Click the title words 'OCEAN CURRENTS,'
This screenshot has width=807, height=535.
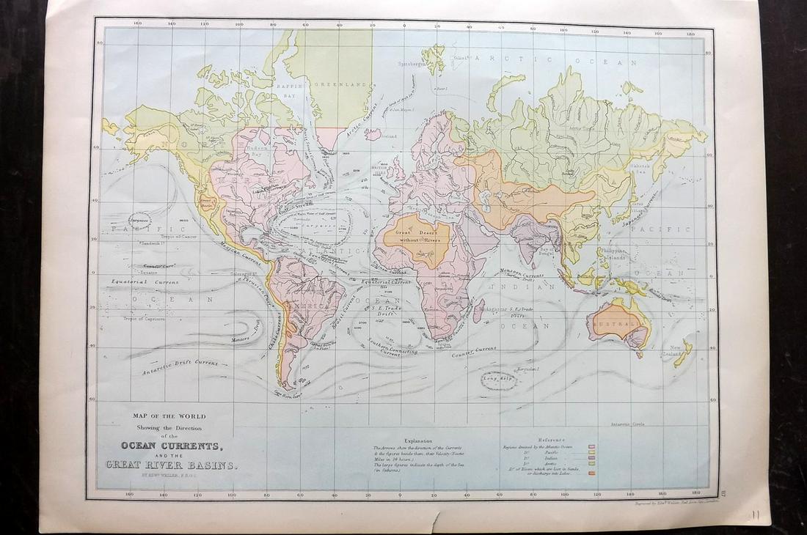(168, 446)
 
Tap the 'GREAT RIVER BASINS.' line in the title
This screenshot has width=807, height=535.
(170, 465)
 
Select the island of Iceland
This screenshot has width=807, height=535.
(373, 135)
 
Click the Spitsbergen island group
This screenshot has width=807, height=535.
(434, 59)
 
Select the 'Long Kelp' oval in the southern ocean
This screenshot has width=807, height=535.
(498, 379)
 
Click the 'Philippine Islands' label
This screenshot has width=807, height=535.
(613, 254)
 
